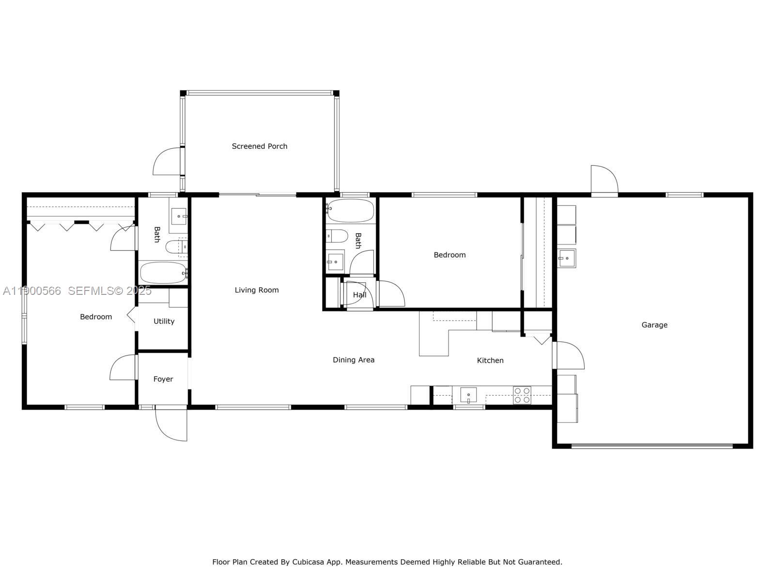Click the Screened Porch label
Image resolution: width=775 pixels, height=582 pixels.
259,146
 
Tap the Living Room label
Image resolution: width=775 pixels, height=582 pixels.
257,290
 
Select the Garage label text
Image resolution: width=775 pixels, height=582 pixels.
654,325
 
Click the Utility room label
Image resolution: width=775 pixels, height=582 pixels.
164,321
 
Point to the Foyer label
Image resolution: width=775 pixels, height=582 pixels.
163,379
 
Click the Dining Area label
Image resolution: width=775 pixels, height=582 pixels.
354,360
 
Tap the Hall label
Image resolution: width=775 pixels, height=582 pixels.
359,295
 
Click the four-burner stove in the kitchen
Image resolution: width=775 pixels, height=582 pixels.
522,395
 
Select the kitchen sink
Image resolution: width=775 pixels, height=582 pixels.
468,395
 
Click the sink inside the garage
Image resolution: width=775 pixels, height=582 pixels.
566,258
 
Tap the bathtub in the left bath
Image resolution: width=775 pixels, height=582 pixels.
163,273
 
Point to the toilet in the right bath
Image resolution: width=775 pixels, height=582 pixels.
337,236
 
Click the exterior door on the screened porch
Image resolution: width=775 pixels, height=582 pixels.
167,162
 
